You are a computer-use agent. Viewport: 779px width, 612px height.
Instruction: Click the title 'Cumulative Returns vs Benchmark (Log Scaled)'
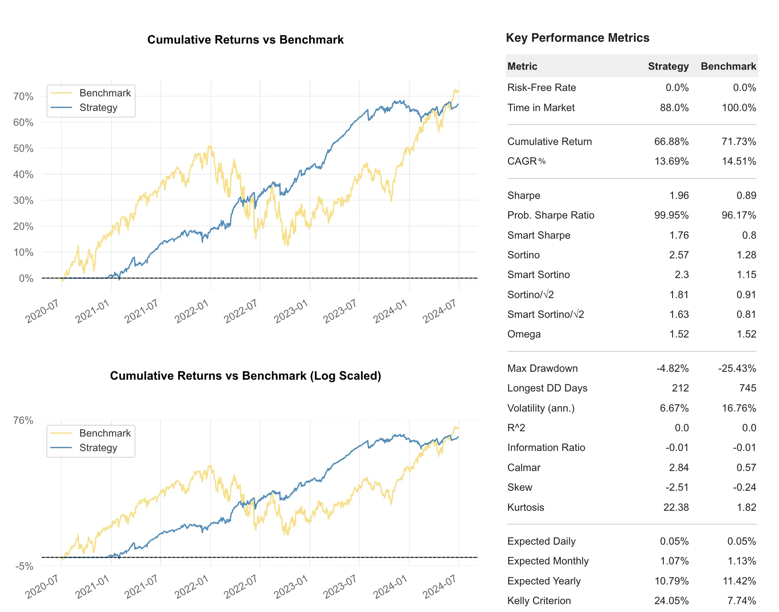[x=245, y=376]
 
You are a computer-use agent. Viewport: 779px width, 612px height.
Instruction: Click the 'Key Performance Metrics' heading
[x=577, y=38]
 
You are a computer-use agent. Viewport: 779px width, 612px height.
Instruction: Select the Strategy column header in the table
[x=668, y=66]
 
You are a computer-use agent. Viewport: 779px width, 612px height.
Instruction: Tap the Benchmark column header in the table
[x=728, y=66]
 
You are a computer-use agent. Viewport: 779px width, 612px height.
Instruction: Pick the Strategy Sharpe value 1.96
[x=678, y=195]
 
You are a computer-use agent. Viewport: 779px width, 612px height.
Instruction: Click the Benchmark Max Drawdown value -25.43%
[x=736, y=368]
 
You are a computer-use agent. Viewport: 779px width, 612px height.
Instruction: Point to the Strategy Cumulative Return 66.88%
[x=671, y=141]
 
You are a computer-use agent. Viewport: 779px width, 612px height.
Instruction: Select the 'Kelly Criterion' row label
[x=539, y=601]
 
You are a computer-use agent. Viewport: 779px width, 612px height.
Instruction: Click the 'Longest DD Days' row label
[x=547, y=388]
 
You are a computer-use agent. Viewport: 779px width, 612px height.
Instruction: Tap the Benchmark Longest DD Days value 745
[x=747, y=388]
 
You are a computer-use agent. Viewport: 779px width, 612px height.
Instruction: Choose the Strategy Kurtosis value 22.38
[x=676, y=507]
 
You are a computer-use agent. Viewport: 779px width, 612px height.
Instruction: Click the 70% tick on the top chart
[x=23, y=96]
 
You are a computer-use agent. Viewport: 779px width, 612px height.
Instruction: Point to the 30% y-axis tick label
[x=23, y=200]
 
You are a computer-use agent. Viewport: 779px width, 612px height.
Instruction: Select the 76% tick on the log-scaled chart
[x=23, y=421]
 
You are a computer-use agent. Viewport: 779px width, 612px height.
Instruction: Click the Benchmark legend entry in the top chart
[x=104, y=93]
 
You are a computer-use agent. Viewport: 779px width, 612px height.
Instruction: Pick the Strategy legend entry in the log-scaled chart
[x=98, y=448]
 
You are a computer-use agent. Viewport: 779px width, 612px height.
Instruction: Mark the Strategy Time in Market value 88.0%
[x=674, y=108]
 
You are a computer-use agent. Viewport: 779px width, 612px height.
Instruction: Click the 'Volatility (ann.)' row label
[x=540, y=408]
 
